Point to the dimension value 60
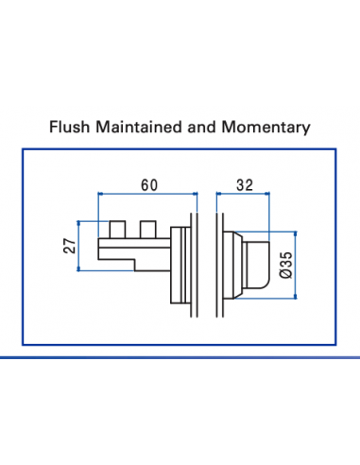click(x=147, y=185)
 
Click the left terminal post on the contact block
click(x=116, y=230)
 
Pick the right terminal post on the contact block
click(x=146, y=230)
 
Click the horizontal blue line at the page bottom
click(x=180, y=358)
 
